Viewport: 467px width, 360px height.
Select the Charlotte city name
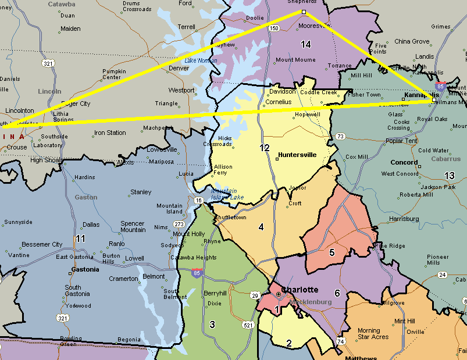pyautogui.click(x=300, y=290)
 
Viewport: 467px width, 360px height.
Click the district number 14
pyautogui.click(x=306, y=44)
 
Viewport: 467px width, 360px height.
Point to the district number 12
pyautogui.click(x=265, y=148)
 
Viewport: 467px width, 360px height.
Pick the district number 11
pyautogui.click(x=80, y=238)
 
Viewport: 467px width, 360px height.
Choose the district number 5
pyautogui.click(x=332, y=252)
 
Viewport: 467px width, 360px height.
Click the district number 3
pyautogui.click(x=212, y=324)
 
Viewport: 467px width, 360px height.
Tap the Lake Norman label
pyautogui.click(x=201, y=60)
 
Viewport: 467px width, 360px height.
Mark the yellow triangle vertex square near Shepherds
pyautogui.click(x=304, y=12)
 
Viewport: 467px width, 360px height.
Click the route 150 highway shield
pyautogui.click(x=273, y=27)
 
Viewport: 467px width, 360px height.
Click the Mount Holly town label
pyautogui.click(x=189, y=234)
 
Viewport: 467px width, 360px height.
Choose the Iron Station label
pyautogui.click(x=110, y=133)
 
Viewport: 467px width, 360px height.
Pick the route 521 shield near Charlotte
pyautogui.click(x=248, y=325)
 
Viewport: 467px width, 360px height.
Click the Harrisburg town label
pyautogui.click(x=404, y=219)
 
